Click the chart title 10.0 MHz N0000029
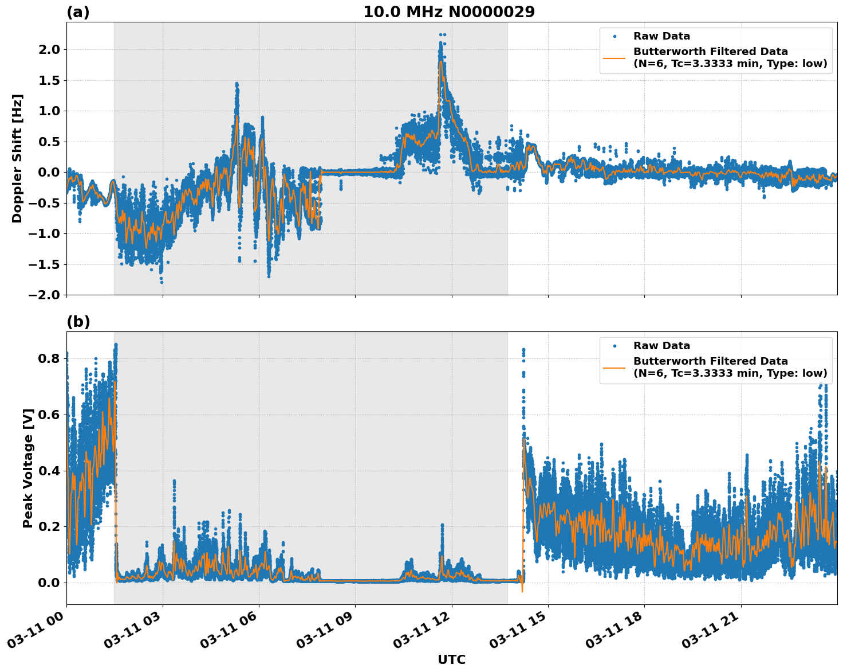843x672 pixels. (448, 12)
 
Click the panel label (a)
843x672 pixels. (78, 12)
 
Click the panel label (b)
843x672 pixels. (78, 322)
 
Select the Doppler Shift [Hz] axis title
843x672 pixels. (17, 158)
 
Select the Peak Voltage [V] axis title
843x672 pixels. (28, 468)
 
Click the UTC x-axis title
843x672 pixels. (451, 659)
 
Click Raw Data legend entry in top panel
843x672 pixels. (661, 36)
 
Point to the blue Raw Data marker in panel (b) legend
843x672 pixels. (614, 346)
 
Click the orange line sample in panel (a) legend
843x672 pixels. (614, 57)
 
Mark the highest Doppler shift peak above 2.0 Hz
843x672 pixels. (442, 34)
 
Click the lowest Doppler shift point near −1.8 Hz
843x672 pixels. (161, 282)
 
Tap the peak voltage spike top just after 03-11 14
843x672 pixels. (523, 349)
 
